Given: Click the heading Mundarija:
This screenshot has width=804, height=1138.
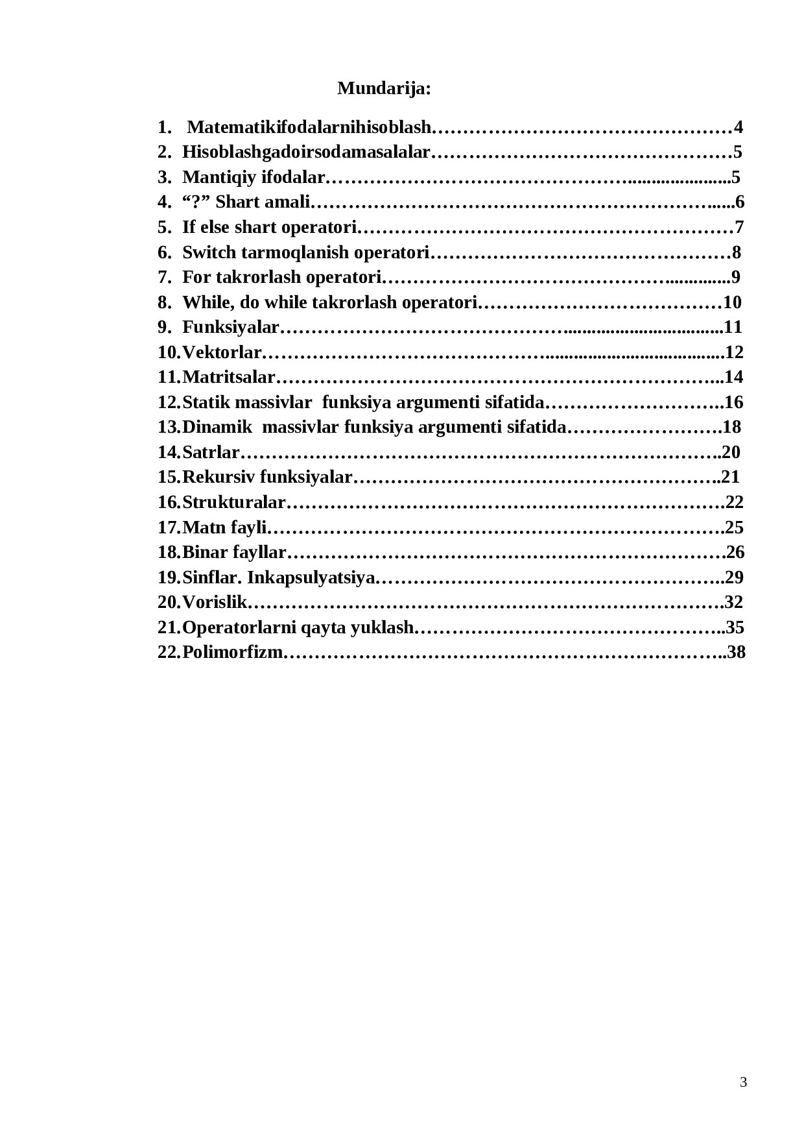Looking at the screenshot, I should [x=384, y=89].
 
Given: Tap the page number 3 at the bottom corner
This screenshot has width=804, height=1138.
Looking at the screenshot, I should [x=743, y=1082].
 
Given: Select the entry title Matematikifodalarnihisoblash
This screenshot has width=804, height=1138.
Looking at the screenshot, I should [x=309, y=127].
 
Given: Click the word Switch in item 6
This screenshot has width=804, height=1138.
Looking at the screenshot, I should [x=202, y=252].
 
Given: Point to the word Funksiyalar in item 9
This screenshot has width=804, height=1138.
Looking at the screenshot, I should [x=230, y=327].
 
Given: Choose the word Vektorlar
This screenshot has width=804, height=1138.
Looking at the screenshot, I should [x=221, y=352].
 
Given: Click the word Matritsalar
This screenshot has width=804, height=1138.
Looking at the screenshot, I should [x=228, y=377].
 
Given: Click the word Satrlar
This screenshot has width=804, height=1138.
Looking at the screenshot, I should [x=211, y=452].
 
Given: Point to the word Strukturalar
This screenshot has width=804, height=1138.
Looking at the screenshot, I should [x=233, y=502].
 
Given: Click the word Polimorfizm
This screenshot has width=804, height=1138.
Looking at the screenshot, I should [x=233, y=652].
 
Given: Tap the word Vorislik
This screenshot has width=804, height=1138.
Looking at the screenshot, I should [x=215, y=602].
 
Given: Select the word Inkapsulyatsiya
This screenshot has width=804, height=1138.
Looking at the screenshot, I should [x=311, y=577].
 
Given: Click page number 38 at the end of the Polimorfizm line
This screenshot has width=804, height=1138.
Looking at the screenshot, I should [x=737, y=652].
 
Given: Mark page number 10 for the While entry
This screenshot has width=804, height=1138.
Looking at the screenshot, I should [x=732, y=302].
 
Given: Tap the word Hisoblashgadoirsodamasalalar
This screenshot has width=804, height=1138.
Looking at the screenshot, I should [x=306, y=152].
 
